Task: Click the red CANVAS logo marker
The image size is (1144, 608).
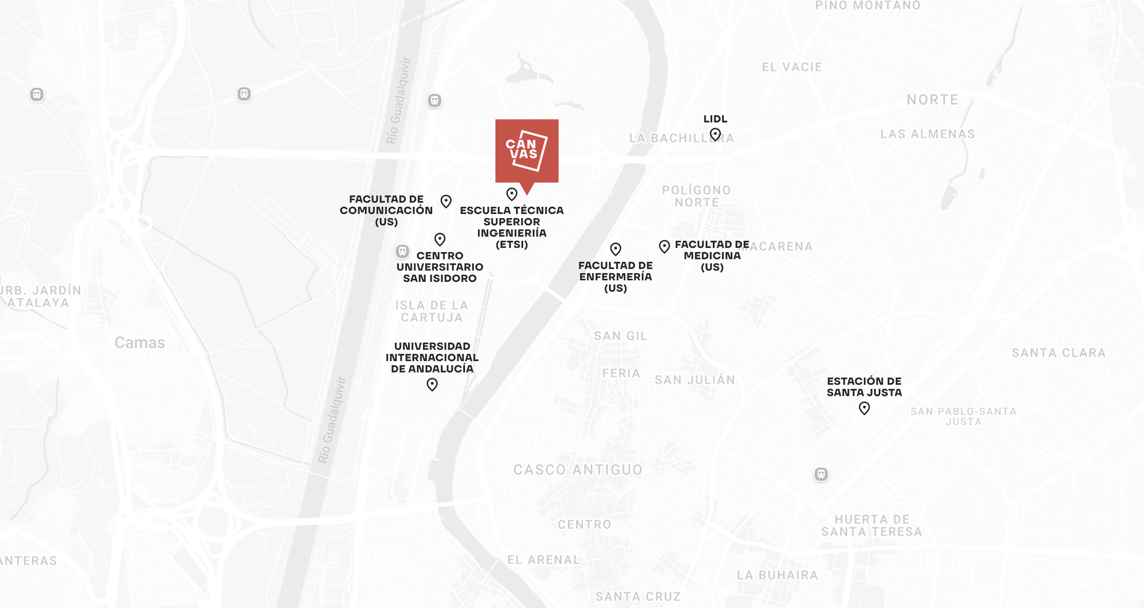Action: (527, 151)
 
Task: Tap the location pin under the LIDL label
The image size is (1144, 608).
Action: (715, 135)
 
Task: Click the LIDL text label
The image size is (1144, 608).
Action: (715, 119)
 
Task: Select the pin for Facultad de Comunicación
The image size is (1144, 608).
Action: (446, 201)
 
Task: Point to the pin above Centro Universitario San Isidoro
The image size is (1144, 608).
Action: (440, 239)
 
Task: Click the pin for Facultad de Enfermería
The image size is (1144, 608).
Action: (616, 249)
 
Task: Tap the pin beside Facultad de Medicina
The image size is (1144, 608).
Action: (665, 246)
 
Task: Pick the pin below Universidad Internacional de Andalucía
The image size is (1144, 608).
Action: (432, 384)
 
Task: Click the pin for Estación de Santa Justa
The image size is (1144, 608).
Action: (864, 408)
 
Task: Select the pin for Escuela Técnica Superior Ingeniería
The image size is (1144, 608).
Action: (511, 194)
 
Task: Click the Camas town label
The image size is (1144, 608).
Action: (140, 343)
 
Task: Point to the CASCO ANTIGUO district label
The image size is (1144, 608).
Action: (578, 470)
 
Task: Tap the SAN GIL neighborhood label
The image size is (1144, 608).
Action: (620, 336)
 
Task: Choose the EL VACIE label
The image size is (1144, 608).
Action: (792, 67)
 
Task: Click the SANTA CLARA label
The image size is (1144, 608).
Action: (1058, 353)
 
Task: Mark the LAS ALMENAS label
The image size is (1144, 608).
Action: (928, 134)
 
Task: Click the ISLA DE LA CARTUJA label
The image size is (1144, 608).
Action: (432, 311)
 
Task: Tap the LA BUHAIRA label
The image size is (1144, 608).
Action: (777, 575)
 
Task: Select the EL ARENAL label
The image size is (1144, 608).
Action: (543, 560)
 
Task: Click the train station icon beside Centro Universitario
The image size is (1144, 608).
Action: (402, 252)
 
